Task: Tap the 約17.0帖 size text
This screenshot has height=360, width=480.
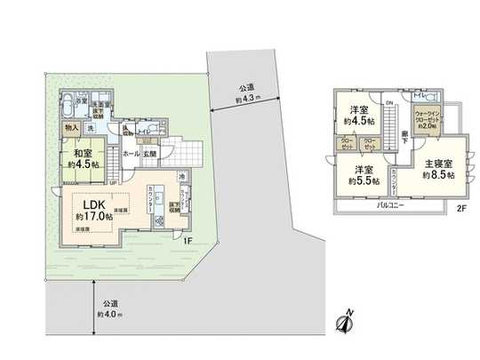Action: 92,216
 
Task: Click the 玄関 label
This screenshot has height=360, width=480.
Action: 150,154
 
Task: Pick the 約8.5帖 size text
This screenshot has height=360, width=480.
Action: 438,176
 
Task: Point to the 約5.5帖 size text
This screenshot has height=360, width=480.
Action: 364,181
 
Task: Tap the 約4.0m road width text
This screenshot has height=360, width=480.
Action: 110,312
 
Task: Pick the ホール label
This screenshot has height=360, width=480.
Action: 131,154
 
